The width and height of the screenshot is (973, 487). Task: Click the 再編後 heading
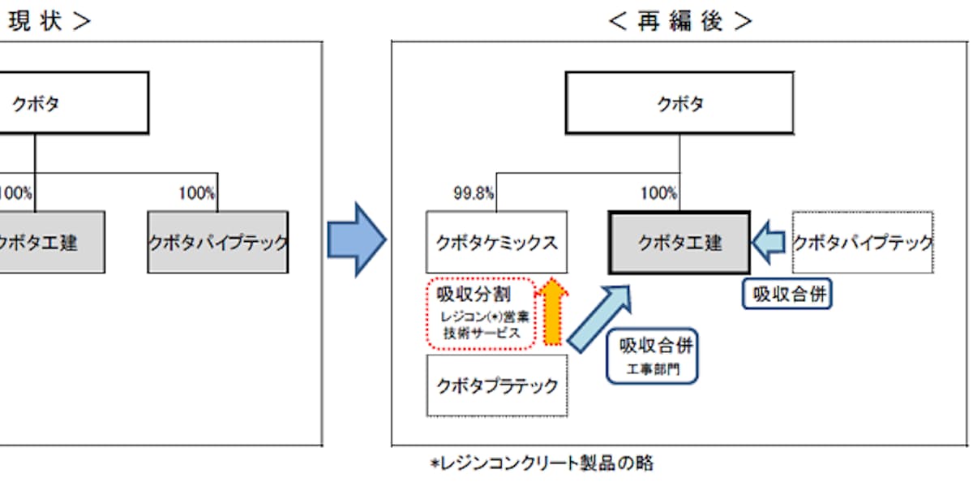[x=680, y=21]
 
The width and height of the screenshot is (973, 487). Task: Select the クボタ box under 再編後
[x=679, y=103]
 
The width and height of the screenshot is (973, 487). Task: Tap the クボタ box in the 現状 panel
[x=73, y=103]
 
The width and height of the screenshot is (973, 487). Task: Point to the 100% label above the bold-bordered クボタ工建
[x=658, y=194]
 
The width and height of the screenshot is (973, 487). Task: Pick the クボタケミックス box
[x=497, y=243]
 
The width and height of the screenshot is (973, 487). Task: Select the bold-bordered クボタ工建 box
[x=679, y=243]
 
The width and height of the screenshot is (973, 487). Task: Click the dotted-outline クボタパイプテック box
[x=863, y=243]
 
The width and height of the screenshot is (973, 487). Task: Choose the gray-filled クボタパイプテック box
[x=217, y=243]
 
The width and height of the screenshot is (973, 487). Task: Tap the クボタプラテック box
[x=497, y=385]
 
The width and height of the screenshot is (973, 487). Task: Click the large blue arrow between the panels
[x=357, y=240]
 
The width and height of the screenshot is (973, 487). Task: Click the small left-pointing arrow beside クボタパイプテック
[x=769, y=241]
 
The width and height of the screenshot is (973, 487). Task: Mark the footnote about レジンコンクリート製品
[x=542, y=464]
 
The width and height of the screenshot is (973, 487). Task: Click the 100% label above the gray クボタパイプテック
[x=196, y=194]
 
